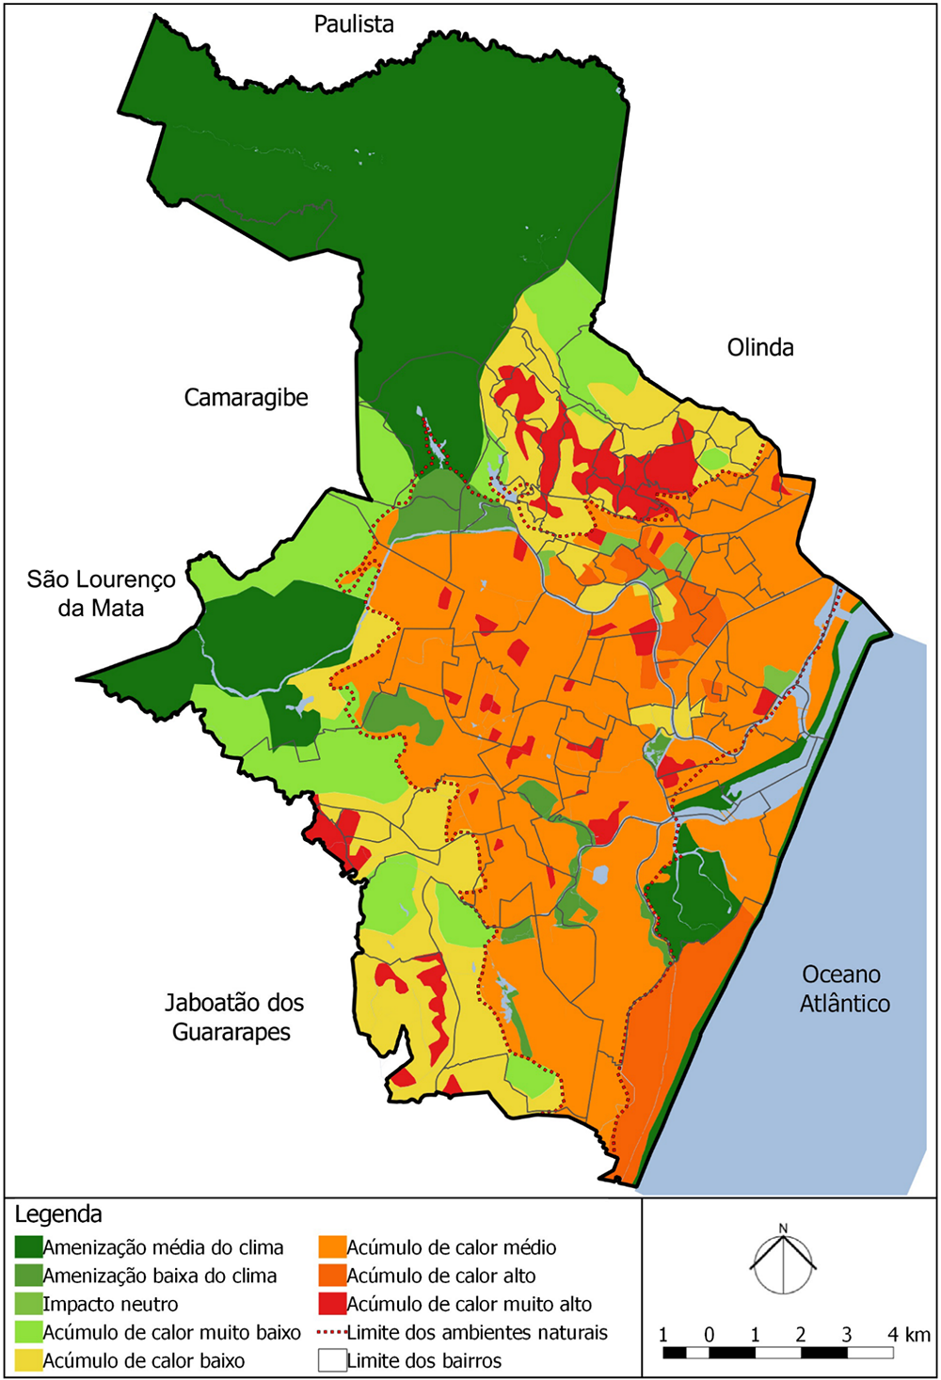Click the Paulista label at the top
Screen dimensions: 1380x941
pos(354,24)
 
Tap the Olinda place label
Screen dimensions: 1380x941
pos(760,348)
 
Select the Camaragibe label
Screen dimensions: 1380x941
pos(246,398)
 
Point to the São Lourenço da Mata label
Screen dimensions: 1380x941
pos(101,594)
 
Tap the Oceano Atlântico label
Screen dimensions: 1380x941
pos(844,989)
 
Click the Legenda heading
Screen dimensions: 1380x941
pos(58,1214)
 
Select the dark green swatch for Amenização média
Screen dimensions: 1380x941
pos(28,1247)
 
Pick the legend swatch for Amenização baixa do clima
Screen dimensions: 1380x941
pos(28,1276)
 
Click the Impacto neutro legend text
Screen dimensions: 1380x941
pos(110,1304)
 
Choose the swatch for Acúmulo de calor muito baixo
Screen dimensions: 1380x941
pos(28,1332)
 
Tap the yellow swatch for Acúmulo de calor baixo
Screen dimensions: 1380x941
pos(28,1360)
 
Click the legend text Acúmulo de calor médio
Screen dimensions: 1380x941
pos(452,1247)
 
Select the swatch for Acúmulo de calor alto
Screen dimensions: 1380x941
pos(332,1276)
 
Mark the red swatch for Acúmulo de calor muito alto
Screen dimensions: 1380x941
pos(332,1304)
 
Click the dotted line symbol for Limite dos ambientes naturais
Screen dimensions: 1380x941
pos(332,1332)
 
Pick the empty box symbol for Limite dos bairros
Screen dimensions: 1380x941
pos(332,1360)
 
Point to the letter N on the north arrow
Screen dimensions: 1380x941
pos(783,1229)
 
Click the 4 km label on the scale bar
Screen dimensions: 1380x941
pos(909,1335)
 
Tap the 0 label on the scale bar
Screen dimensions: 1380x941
pos(709,1335)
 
